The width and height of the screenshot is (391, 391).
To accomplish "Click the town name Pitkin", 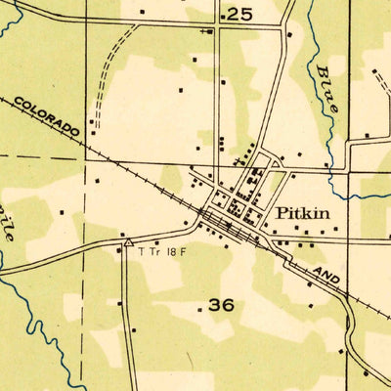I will [306, 212].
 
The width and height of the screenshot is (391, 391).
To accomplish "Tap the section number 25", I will [239, 14].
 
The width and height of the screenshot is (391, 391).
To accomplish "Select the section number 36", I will [222, 305].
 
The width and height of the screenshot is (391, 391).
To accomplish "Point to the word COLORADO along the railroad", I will [47, 114].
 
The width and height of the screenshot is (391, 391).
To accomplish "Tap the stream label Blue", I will [326, 89].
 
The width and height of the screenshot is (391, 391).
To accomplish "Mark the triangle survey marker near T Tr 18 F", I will [128, 240].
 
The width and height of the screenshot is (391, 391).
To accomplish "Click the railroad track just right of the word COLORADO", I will [98, 148].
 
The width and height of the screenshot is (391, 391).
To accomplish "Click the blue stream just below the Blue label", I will [337, 137].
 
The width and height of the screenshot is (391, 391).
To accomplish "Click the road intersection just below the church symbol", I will [217, 25].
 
